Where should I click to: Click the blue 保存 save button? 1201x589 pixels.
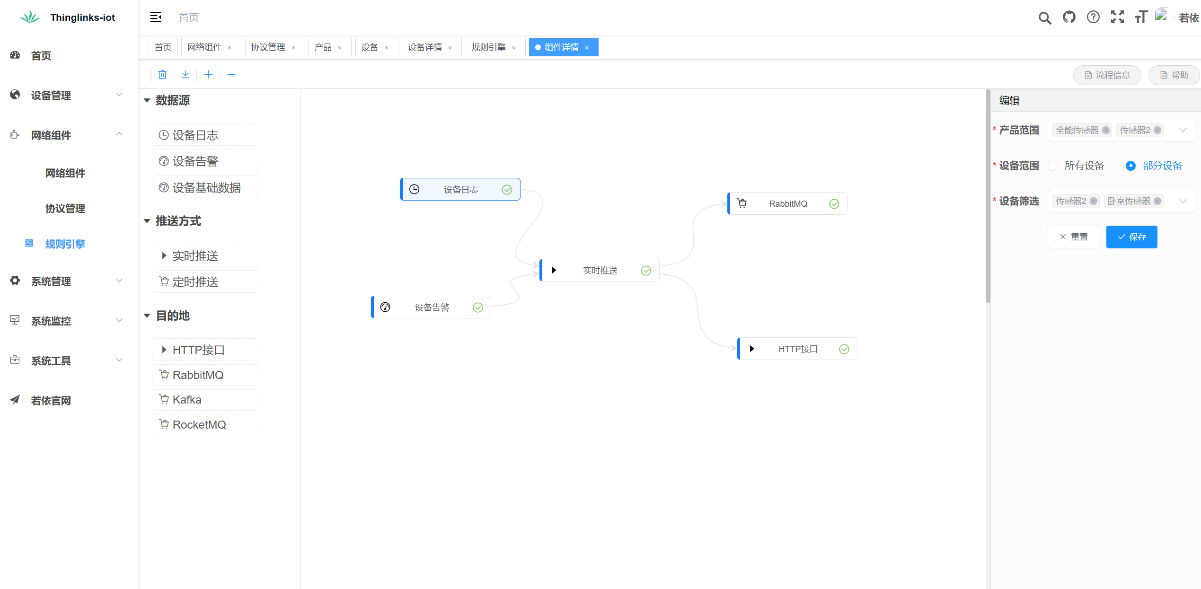(x=1131, y=237)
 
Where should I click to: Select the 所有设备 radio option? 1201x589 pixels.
(x=1053, y=166)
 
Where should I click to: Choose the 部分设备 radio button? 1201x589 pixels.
(x=1130, y=166)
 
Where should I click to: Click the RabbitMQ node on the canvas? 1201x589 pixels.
(x=787, y=204)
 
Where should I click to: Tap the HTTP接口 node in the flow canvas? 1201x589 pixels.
(x=797, y=349)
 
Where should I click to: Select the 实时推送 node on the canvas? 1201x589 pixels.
(x=600, y=271)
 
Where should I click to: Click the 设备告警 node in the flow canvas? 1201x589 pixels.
(x=431, y=308)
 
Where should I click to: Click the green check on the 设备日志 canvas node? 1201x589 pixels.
(x=507, y=190)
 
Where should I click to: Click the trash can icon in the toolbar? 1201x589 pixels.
(x=162, y=75)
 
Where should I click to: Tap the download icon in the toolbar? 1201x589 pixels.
(x=185, y=75)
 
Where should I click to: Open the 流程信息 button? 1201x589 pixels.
(x=1107, y=75)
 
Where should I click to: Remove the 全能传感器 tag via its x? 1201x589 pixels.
(x=1106, y=131)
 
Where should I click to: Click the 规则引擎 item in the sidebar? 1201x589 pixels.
(x=65, y=244)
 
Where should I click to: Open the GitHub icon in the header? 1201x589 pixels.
(x=1069, y=18)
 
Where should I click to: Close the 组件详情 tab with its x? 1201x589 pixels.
(x=587, y=48)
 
